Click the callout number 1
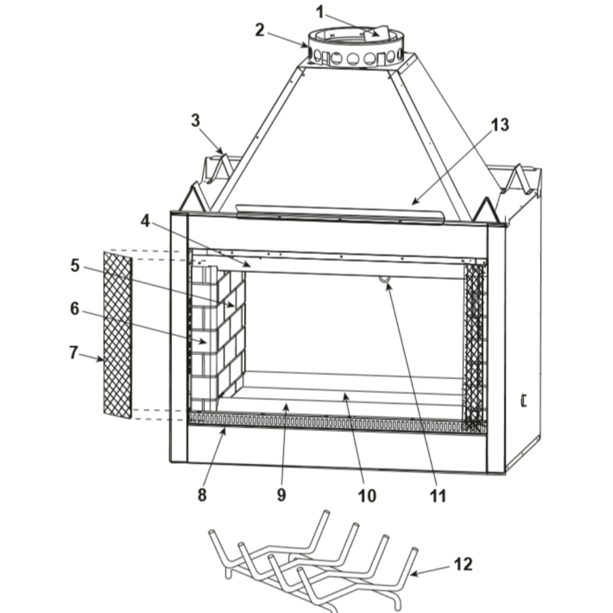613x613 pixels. (320, 12)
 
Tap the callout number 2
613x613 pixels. (259, 31)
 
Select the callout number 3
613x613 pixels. (196, 120)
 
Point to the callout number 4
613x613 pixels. (145, 221)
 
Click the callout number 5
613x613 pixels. (75, 266)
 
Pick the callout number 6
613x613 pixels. (75, 309)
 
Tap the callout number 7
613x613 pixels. (74, 352)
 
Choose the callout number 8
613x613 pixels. (202, 495)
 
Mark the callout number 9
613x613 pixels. (281, 495)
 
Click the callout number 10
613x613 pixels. (367, 496)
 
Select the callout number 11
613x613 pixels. (438, 496)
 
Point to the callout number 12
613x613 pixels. (463, 565)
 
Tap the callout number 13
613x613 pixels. (500, 125)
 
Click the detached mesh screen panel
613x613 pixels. (118, 335)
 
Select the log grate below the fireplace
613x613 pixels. (313, 563)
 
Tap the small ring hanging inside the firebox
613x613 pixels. (384, 279)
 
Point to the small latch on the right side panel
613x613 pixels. (524, 401)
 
